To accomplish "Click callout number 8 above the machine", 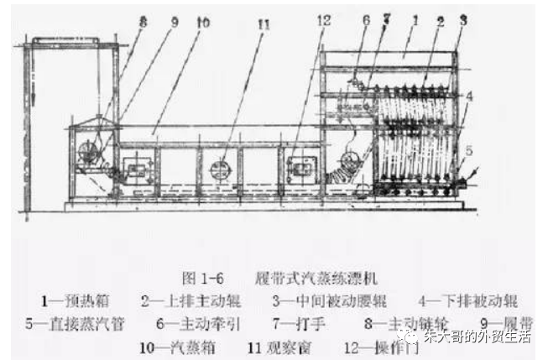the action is [x=143, y=24].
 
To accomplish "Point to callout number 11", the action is [x=264, y=24].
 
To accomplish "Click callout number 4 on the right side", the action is [x=468, y=97].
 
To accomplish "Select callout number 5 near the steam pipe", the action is [x=468, y=150].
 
